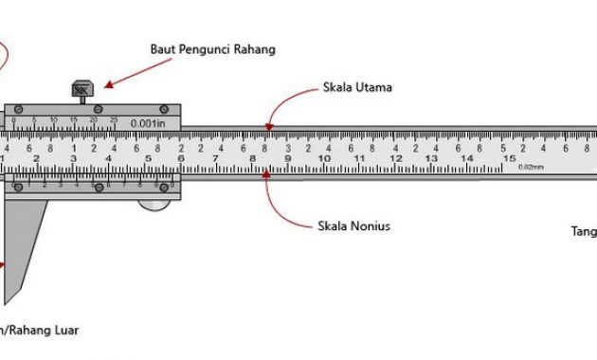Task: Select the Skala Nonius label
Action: click(x=354, y=226)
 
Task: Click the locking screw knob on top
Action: click(x=81, y=90)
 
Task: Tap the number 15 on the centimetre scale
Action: click(x=510, y=159)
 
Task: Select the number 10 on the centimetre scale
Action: click(x=324, y=159)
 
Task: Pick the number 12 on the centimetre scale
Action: click(x=398, y=159)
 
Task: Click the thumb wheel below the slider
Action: click(x=157, y=200)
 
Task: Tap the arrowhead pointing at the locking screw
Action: click(x=108, y=85)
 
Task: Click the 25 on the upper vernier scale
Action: click(x=114, y=120)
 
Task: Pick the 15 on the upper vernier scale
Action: click(x=74, y=120)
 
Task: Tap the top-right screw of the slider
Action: click(x=164, y=109)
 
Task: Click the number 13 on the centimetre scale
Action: click(x=436, y=159)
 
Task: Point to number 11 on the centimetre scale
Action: click(x=361, y=159)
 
